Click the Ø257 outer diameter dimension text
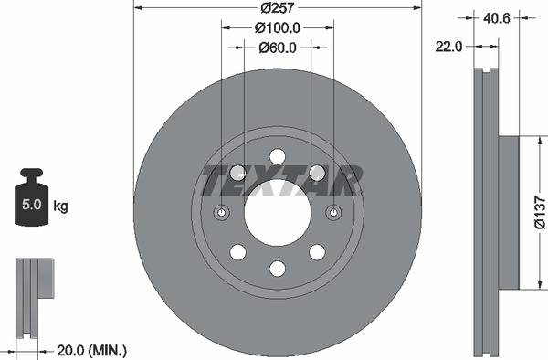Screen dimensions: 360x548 click(x=277, y=8)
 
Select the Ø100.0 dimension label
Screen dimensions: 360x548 click(x=277, y=28)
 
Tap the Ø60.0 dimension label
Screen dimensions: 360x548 click(x=277, y=48)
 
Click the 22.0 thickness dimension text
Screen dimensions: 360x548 click(x=448, y=44)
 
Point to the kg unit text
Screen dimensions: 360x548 click(x=61, y=206)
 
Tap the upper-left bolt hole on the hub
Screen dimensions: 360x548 click(x=238, y=172)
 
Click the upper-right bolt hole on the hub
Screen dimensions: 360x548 click(x=317, y=172)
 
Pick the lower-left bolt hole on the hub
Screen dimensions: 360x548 click(x=238, y=251)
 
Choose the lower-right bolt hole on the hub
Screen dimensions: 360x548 click(x=317, y=251)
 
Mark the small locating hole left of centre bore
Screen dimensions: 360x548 click(x=222, y=213)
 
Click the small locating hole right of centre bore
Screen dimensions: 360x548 click(x=333, y=213)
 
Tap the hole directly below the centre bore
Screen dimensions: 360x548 click(x=278, y=268)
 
